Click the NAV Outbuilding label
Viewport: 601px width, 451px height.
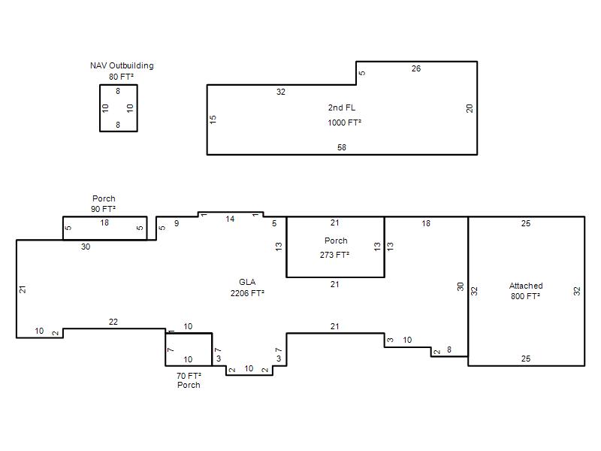point(122,65)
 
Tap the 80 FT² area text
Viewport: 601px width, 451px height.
point(121,77)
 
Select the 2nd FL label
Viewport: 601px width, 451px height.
point(342,107)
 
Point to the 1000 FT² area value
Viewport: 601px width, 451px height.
point(345,123)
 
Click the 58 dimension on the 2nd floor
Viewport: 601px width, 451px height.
point(342,147)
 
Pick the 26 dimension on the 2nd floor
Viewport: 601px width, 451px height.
point(416,68)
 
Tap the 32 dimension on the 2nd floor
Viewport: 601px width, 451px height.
point(281,92)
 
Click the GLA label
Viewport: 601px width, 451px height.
point(247,283)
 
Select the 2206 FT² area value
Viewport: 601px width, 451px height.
point(247,293)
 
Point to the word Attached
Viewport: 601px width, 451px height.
point(526,286)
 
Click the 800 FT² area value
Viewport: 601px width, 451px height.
point(525,296)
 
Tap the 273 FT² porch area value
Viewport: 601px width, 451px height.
point(334,255)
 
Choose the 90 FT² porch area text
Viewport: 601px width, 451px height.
point(103,209)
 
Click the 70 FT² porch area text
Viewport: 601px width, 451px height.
point(189,376)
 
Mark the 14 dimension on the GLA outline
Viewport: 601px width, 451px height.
point(230,219)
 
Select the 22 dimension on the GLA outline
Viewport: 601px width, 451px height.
point(113,322)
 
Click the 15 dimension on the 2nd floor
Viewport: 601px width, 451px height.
point(213,120)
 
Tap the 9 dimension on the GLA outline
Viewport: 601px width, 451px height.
point(177,223)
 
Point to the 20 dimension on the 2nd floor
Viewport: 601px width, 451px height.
point(470,108)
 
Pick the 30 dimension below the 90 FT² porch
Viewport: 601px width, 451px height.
point(86,247)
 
